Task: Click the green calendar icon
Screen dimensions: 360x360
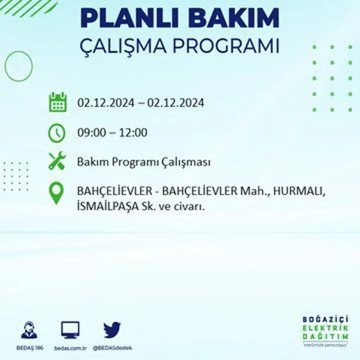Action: (58, 102)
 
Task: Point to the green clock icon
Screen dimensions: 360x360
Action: (56, 133)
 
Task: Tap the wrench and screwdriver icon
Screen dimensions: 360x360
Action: (57, 161)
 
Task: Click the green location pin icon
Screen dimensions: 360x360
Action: (56, 193)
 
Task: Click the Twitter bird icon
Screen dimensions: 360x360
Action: (112, 330)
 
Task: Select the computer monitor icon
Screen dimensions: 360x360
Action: (70, 330)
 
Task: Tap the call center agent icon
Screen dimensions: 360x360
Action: (29, 330)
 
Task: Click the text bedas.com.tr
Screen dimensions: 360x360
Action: (70, 348)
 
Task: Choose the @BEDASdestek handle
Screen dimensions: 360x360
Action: (112, 348)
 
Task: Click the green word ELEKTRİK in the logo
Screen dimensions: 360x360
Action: (326, 327)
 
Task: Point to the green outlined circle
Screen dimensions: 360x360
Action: (18, 66)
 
